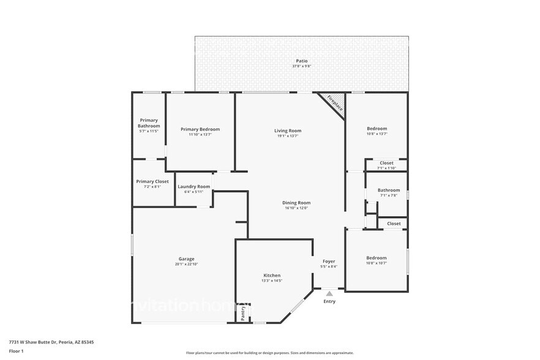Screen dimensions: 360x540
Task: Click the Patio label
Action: tap(301, 61)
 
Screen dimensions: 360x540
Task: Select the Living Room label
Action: tap(287, 130)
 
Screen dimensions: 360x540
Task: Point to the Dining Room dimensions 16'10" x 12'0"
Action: tap(296, 208)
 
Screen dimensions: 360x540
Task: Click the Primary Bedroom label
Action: tap(200, 129)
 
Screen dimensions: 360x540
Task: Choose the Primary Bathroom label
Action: tap(149, 123)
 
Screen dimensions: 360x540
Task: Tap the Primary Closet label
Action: tap(152, 181)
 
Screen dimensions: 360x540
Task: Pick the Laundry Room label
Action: tap(193, 186)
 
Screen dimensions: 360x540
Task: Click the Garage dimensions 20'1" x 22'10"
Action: tap(187, 264)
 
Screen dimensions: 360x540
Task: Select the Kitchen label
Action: tap(272, 276)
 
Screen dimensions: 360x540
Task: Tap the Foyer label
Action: tap(329, 261)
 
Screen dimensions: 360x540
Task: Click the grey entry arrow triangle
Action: tap(329, 294)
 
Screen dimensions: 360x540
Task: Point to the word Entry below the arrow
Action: tap(329, 301)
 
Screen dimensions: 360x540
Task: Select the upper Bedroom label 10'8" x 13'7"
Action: tap(377, 129)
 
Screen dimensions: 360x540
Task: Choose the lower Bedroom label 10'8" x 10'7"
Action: tap(377, 258)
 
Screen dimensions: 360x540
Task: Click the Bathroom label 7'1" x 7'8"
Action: tap(389, 190)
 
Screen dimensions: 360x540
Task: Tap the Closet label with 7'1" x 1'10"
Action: tap(386, 163)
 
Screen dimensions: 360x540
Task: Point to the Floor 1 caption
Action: tap(16, 351)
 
